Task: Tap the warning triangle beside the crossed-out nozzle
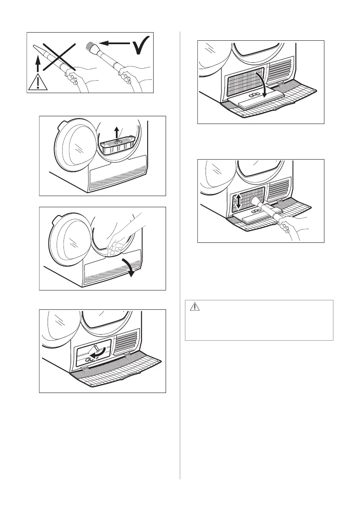[x=38, y=83]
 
